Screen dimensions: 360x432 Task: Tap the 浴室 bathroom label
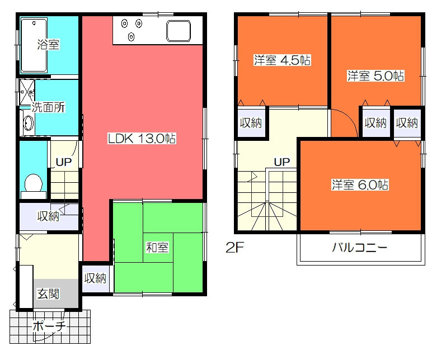[48, 45]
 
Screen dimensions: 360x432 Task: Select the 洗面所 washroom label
[48, 108]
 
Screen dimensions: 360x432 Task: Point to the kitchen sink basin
[182, 31]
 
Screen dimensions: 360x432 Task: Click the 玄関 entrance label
[48, 293]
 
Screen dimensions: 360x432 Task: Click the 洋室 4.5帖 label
[282, 60]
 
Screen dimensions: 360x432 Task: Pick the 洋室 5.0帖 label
[375, 76]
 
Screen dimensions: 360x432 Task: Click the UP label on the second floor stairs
[281, 162]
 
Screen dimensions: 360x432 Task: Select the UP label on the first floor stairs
[63, 163]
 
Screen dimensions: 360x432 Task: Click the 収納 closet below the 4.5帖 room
[250, 124]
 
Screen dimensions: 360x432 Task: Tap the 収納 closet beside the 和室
[95, 278]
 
